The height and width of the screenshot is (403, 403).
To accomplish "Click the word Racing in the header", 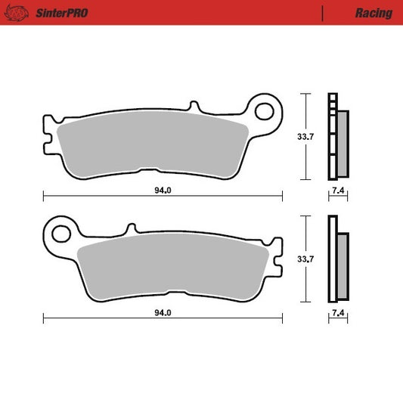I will [x=373, y=13].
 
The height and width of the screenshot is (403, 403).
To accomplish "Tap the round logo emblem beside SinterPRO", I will [x=20, y=13].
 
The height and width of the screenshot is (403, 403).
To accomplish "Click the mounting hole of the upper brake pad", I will [x=265, y=112].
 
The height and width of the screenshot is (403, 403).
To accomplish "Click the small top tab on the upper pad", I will [x=195, y=106].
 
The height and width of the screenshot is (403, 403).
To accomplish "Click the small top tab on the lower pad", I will [x=131, y=227].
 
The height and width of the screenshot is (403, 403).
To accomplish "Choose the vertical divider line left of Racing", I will [x=323, y=13].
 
